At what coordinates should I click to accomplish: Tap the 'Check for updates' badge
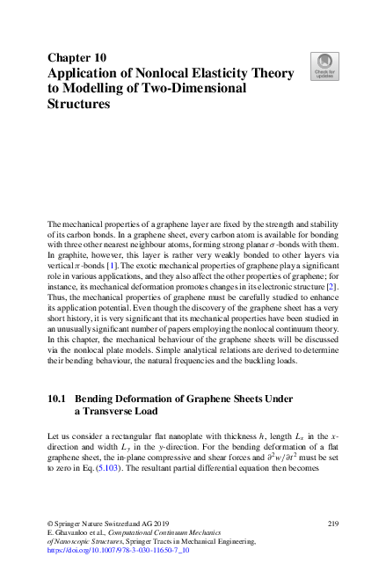pos(324,65)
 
